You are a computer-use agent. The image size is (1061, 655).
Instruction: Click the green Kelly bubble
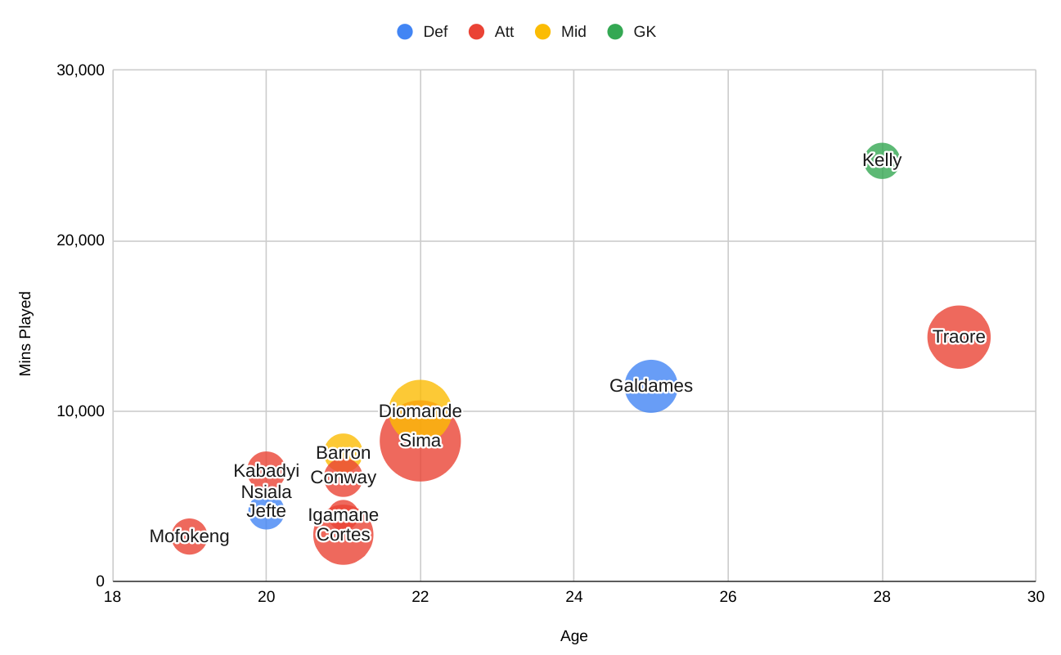(x=882, y=160)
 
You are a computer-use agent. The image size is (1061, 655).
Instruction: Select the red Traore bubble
(x=959, y=337)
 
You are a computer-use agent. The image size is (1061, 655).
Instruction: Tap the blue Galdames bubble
(x=651, y=386)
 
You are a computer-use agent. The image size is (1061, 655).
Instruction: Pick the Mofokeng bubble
(x=189, y=536)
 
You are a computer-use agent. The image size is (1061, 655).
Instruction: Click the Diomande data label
(x=420, y=411)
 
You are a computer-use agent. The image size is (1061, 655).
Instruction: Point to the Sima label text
(x=420, y=441)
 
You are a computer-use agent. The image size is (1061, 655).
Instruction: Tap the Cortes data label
(x=344, y=535)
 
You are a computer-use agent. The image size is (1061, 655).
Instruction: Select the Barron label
(x=344, y=453)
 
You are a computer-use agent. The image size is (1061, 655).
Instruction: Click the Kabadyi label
(x=267, y=471)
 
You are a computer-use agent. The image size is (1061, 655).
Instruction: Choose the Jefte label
(x=267, y=511)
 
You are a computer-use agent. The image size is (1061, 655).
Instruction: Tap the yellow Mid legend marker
(x=543, y=32)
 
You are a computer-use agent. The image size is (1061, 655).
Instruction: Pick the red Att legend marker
(x=476, y=32)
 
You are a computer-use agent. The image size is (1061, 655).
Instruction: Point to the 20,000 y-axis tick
(x=80, y=240)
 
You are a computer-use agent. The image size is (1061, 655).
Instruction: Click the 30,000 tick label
(x=80, y=70)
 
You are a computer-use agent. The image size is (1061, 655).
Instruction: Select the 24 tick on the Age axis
(x=574, y=597)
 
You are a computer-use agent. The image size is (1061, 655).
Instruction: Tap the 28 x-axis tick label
(x=882, y=597)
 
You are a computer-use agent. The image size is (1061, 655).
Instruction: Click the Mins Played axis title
(x=25, y=334)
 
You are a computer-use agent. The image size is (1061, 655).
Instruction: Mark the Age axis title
(x=574, y=636)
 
